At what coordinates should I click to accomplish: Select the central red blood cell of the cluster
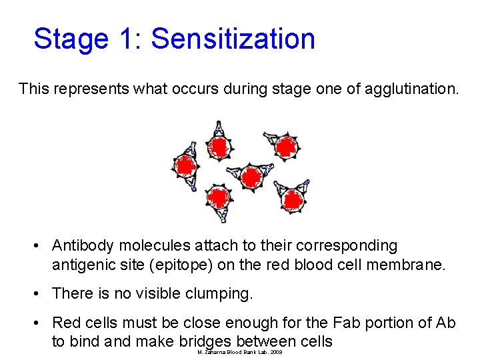251,177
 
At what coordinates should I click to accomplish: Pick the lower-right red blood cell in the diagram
292,198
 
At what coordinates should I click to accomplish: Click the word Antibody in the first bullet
81,246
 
